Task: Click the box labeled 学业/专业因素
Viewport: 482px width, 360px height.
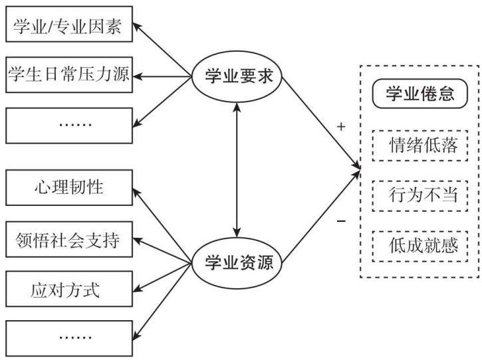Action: pyautogui.click(x=69, y=24)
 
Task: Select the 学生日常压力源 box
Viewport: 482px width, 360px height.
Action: pyautogui.click(x=69, y=74)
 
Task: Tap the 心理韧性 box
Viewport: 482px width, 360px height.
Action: pyautogui.click(x=69, y=187)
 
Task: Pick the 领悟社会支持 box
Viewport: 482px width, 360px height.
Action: pyautogui.click(x=69, y=239)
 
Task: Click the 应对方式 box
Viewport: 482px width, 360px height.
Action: pyautogui.click(x=69, y=289)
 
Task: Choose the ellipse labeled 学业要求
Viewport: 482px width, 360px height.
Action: pyautogui.click(x=237, y=76)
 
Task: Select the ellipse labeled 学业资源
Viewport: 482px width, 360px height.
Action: pyautogui.click(x=237, y=263)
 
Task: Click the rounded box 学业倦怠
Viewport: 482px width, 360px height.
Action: pyautogui.click(x=420, y=94)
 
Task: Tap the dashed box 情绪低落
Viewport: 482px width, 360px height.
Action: pyautogui.click(x=420, y=145)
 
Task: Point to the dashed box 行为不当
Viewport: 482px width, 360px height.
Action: pyautogui.click(x=420, y=196)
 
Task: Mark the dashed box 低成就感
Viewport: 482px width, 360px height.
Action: pyautogui.click(x=420, y=246)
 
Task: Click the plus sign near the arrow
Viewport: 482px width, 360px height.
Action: pyautogui.click(x=341, y=127)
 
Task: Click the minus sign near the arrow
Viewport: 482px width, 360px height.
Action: pyautogui.click(x=341, y=221)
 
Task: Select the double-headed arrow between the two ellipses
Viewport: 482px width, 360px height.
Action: pyautogui.click(x=237, y=170)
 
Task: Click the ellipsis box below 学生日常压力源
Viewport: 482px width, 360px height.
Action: pyautogui.click(x=69, y=126)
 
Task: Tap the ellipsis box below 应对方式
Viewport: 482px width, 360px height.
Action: pyautogui.click(x=69, y=339)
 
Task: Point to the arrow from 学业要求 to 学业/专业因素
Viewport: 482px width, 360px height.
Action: pyautogui.click(x=162, y=49)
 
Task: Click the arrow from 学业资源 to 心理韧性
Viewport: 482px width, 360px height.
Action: pyautogui.click(x=162, y=226)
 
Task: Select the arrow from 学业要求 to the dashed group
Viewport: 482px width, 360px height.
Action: pyautogui.click(x=321, y=123)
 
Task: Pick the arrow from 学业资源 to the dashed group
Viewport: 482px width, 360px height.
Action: pyautogui.click(x=321, y=217)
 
